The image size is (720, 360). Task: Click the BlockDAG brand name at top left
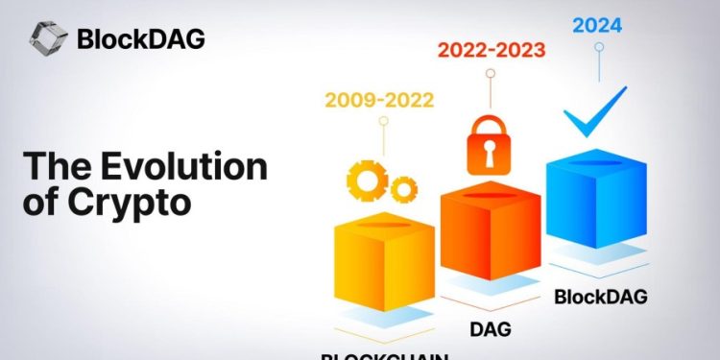pos(142,41)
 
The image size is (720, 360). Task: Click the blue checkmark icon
pos(594,115)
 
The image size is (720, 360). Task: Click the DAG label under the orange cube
pos(491,329)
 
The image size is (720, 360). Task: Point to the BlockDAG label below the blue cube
pos(600,296)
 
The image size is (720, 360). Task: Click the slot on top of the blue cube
pos(596,164)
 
